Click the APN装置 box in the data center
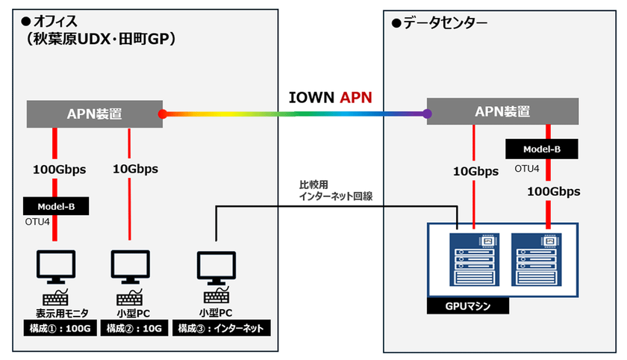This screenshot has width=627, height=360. (x=502, y=111)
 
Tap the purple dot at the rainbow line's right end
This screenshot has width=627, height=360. (x=427, y=114)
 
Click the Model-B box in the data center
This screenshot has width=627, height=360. (x=543, y=149)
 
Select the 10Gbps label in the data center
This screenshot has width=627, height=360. (x=475, y=172)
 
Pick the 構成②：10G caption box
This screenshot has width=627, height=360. (x=131, y=328)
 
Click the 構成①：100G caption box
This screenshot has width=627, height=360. (x=57, y=328)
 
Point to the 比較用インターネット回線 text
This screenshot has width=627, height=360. (x=335, y=190)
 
